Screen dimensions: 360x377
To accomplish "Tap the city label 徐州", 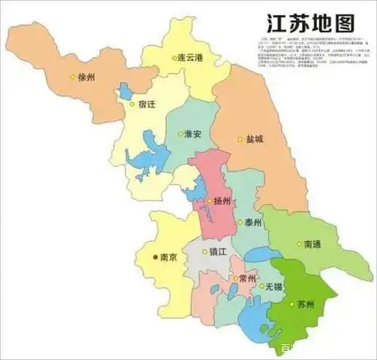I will (87, 78).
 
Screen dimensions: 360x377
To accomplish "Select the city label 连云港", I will (193, 58).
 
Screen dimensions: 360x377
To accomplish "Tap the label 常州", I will (247, 279).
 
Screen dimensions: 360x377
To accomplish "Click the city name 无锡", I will (274, 285).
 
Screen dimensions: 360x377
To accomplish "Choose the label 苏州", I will (305, 304).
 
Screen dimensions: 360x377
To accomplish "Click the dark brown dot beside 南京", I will (154, 257).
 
